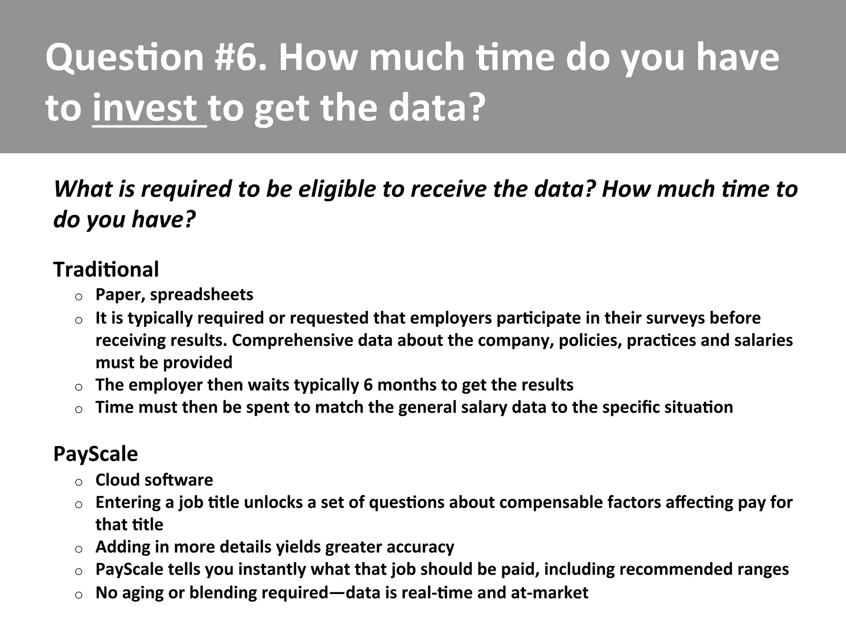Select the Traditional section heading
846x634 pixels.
point(106,270)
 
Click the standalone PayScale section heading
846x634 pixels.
point(95,454)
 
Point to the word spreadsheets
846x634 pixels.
point(202,295)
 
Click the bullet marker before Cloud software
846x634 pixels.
point(78,482)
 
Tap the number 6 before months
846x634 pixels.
point(368,385)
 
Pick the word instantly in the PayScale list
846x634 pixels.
point(272,569)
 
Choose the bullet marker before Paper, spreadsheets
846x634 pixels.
point(78,296)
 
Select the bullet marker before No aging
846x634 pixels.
point(78,594)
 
